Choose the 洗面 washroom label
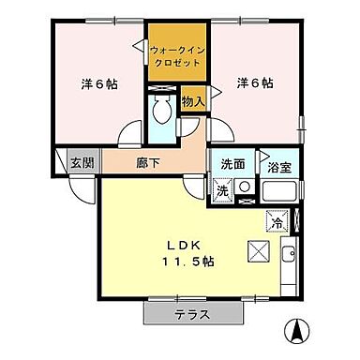pyautogui.click(x=233, y=163)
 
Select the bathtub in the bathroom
pyautogui.click(x=279, y=191)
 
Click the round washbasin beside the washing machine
pyautogui.click(x=244, y=187)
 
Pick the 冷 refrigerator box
pyautogui.click(x=276, y=222)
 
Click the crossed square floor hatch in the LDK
pyautogui.click(x=259, y=251)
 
